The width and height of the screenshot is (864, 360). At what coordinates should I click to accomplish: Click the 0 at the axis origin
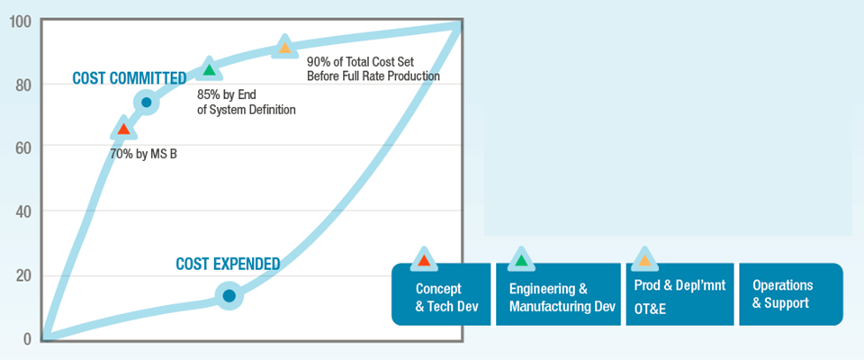click(26, 339)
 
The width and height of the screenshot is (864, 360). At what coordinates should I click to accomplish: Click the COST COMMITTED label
click(129, 78)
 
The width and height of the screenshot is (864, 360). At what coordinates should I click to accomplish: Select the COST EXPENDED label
click(228, 265)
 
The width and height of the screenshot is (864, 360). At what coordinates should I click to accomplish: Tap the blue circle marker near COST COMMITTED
click(146, 102)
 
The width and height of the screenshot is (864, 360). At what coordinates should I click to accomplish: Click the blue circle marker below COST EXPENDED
click(229, 295)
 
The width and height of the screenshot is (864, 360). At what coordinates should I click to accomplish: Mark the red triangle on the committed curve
click(123, 130)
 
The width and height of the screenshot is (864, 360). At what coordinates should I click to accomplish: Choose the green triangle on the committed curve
click(209, 69)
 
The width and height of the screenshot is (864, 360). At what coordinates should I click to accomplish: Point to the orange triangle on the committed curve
click(284, 49)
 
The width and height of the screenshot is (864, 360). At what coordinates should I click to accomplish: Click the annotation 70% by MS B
click(143, 154)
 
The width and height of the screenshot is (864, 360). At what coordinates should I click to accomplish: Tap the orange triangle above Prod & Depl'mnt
click(643, 260)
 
